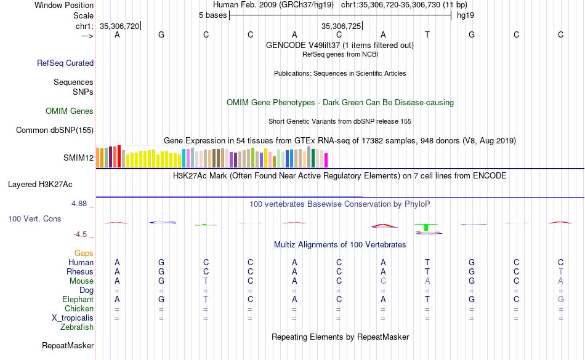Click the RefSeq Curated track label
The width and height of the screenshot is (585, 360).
click(65, 63)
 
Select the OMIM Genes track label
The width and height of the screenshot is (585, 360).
click(70, 111)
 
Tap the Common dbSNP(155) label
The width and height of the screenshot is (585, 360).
click(55, 130)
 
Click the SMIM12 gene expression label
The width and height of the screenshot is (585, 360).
click(78, 158)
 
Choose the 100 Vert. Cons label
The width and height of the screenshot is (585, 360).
click(34, 218)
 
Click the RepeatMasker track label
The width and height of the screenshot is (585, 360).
click(68, 346)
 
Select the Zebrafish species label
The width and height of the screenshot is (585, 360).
click(77, 327)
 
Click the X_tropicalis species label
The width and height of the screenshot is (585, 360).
click(73, 318)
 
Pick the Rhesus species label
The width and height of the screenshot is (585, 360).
click(80, 271)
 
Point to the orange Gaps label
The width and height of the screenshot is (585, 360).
click(84, 253)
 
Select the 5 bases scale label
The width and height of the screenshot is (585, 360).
click(212, 15)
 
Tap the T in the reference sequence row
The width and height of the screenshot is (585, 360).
click(427, 34)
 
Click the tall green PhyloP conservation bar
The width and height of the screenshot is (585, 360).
click(426, 227)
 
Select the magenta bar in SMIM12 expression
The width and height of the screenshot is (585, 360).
click(326, 160)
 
